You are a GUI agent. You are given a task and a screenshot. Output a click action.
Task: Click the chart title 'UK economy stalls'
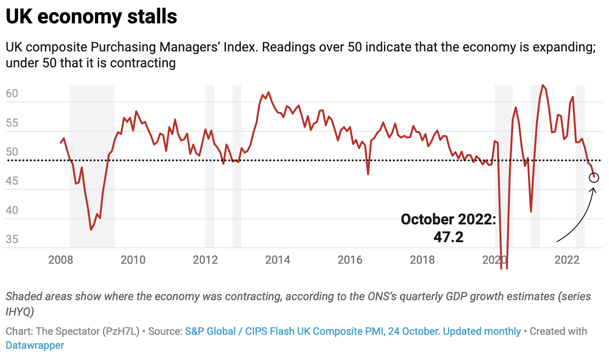point(91,17)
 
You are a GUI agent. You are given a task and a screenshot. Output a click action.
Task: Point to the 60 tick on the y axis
point(12,94)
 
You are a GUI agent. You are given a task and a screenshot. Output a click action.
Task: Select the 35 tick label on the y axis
point(12,239)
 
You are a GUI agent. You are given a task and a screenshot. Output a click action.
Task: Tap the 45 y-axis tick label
point(12,181)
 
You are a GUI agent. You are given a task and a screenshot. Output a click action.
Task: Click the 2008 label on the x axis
point(61,259)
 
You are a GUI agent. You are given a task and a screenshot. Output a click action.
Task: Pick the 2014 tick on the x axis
point(278,259)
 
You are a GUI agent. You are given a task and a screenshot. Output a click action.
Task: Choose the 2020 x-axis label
point(495,259)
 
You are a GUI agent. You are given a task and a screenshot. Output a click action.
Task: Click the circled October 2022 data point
point(594,178)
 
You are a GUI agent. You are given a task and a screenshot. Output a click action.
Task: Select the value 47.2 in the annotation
point(448,237)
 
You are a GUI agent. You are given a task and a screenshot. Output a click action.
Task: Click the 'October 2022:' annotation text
point(448,219)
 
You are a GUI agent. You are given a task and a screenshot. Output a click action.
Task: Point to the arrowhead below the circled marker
point(593,189)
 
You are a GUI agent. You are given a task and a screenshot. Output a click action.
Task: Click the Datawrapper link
point(35,346)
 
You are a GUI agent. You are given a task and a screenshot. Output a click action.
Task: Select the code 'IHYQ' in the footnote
point(18,311)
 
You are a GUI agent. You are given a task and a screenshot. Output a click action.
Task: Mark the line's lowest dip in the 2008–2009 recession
point(91,230)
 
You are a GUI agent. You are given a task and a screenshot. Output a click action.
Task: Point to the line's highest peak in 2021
point(543,85)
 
